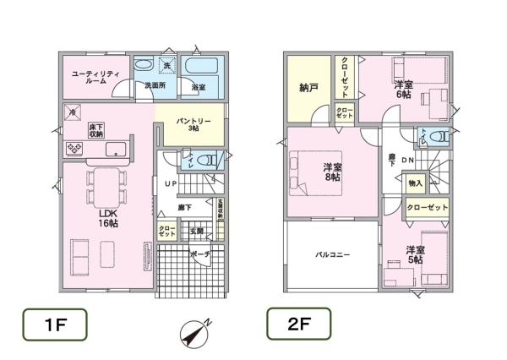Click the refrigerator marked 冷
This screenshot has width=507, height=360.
point(73,112)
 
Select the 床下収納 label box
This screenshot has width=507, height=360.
point(95,129)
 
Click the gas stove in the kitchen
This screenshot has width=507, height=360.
point(74,150)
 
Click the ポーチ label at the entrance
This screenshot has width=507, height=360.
point(199,253)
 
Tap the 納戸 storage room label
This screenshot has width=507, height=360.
point(308,87)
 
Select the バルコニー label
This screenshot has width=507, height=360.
point(333,254)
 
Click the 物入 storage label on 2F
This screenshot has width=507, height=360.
point(415,183)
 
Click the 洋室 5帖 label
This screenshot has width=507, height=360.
point(415,254)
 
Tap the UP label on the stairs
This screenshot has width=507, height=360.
point(170,183)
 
